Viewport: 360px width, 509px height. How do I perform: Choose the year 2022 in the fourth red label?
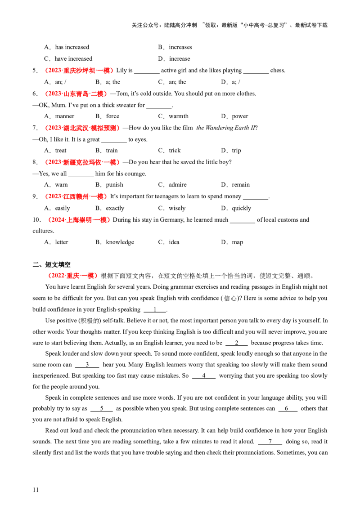click(53, 162)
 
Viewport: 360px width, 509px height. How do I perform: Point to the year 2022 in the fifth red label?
click(53, 196)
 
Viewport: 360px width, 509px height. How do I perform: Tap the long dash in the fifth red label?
click(93, 196)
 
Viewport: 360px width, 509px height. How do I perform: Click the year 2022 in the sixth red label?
click(56, 219)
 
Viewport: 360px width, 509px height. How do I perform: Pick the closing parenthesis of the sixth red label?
click(109, 219)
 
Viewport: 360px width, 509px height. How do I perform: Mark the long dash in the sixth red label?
click(97, 219)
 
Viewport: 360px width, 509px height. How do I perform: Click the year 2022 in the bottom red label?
click(56, 275)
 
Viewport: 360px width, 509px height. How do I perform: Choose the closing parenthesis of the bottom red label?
click(95, 275)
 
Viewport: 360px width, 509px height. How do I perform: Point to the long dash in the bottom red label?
click(83, 275)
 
